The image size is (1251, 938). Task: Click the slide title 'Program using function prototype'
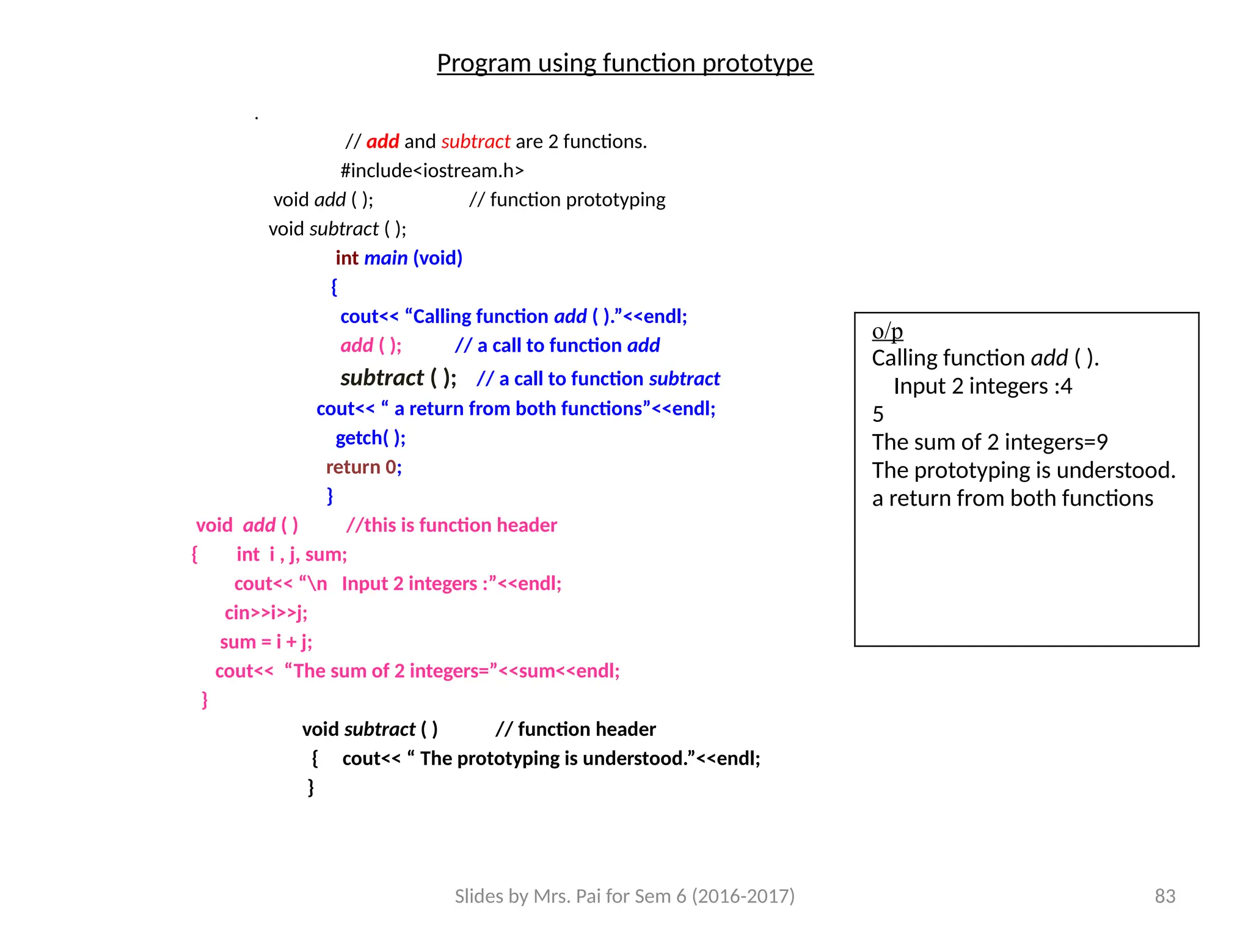click(625, 64)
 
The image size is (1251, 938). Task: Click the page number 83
click(1165, 896)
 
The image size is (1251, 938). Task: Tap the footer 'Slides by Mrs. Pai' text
click(624, 896)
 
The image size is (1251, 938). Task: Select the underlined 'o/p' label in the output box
click(887, 331)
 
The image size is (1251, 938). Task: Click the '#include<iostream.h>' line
click(432, 170)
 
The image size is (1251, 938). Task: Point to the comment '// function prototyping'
click(567, 200)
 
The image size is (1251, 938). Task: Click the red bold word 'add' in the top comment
click(382, 142)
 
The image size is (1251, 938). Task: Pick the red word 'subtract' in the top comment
click(475, 142)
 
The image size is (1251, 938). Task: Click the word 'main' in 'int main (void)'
click(385, 258)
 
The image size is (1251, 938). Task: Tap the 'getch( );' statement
click(370, 438)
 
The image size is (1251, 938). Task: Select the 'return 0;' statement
click(363, 467)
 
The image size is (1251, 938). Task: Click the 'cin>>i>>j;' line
click(266, 613)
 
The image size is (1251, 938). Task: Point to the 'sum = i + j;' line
click(266, 642)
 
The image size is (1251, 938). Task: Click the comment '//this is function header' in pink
click(451, 525)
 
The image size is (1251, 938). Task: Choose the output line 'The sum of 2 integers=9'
click(990, 442)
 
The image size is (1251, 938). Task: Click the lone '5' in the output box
click(878, 415)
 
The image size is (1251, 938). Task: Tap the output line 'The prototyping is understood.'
click(1023, 470)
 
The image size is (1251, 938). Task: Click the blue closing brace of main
click(330, 495)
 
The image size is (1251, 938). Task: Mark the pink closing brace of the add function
click(205, 699)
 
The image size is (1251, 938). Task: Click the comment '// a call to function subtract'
click(598, 379)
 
